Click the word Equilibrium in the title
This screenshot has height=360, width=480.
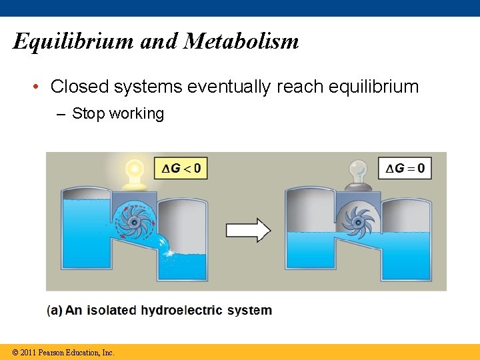coord(74,42)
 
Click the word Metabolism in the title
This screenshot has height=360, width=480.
coord(241,41)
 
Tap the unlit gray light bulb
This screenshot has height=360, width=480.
coord(359,171)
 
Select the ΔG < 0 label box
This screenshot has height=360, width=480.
coord(181,168)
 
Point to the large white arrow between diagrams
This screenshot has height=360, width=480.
coord(248,231)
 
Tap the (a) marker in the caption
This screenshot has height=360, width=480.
coord(55,310)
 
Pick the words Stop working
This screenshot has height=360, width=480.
coord(118,113)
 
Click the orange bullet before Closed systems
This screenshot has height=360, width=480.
coord(39,87)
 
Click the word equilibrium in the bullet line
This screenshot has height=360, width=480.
coord(369,87)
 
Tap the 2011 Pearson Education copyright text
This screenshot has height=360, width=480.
coord(63,352)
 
